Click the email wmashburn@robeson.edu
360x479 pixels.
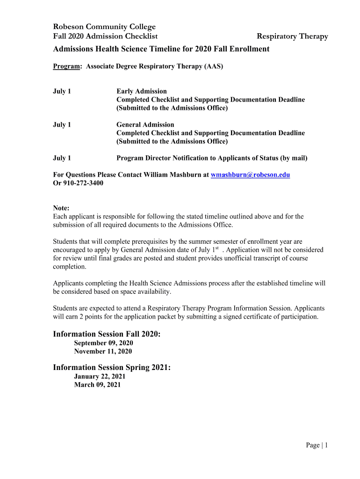(251, 175)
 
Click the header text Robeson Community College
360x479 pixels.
(104, 27)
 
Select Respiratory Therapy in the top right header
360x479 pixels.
(293, 36)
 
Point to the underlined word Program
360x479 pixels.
(66, 66)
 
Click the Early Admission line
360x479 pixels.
(141, 91)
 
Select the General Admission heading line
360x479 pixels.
(145, 124)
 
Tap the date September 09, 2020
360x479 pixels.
(103, 343)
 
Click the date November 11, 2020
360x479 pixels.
(103, 351)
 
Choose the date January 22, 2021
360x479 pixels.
(100, 376)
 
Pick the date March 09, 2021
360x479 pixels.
(97, 385)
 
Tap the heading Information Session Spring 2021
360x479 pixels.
(112, 368)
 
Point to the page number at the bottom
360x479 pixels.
(317, 445)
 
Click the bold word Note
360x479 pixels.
(61, 208)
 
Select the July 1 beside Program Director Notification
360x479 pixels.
(62, 158)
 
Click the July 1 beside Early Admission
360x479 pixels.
(62, 91)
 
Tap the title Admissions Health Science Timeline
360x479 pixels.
(161, 49)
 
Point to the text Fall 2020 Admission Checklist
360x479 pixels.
(105, 36)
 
